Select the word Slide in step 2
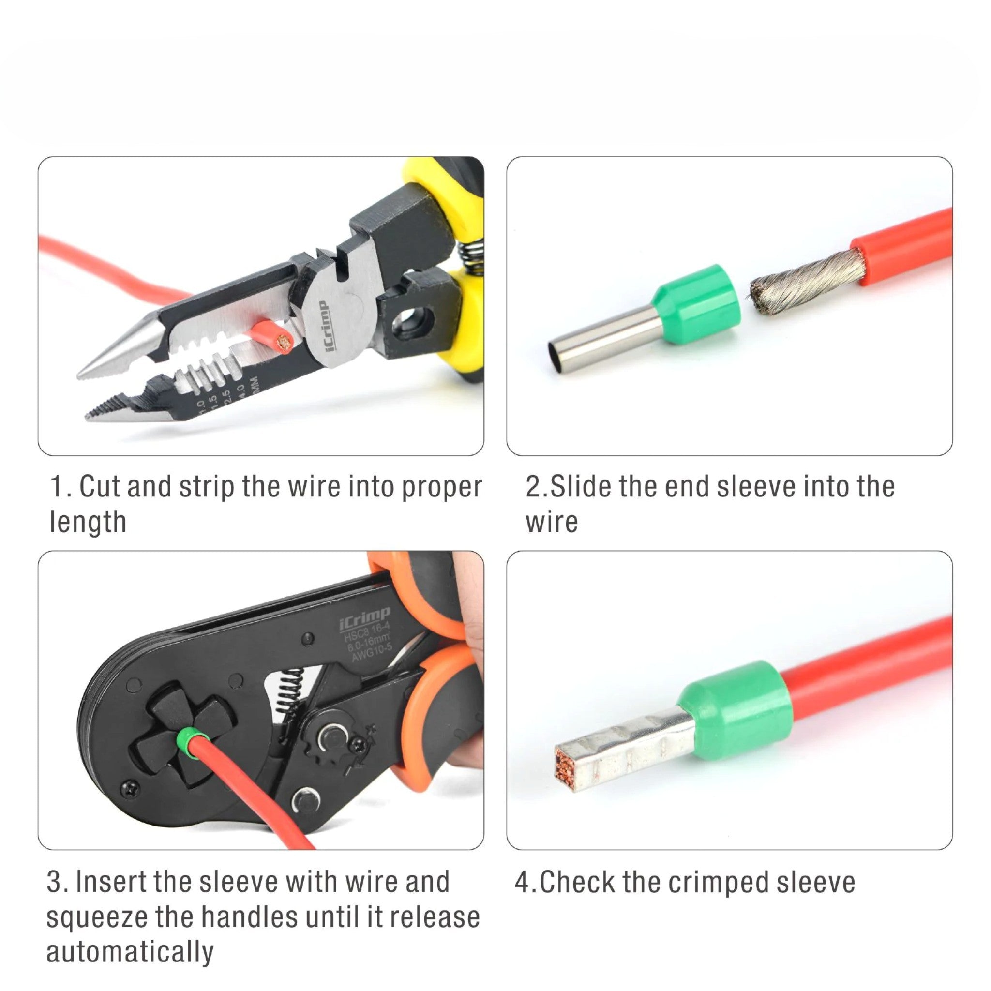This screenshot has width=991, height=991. [x=575, y=486]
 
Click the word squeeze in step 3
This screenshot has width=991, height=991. [x=97, y=918]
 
